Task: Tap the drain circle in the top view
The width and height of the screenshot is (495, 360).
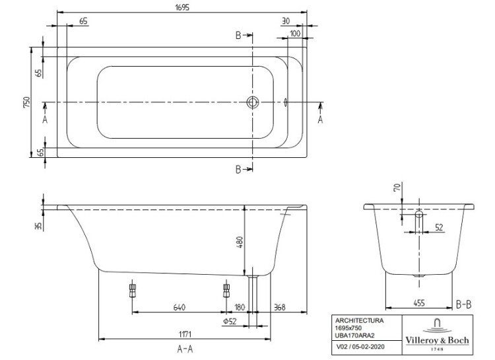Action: coord(252,102)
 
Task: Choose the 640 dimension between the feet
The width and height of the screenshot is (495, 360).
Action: coord(179,307)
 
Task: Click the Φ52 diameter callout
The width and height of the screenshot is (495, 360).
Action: coord(230,321)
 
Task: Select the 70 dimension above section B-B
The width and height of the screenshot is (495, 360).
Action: coord(396,188)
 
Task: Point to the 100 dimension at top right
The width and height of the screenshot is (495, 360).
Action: coord(294,32)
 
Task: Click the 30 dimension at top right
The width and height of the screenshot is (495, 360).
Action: coord(285,21)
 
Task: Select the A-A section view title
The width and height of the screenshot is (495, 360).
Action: coord(185,349)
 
